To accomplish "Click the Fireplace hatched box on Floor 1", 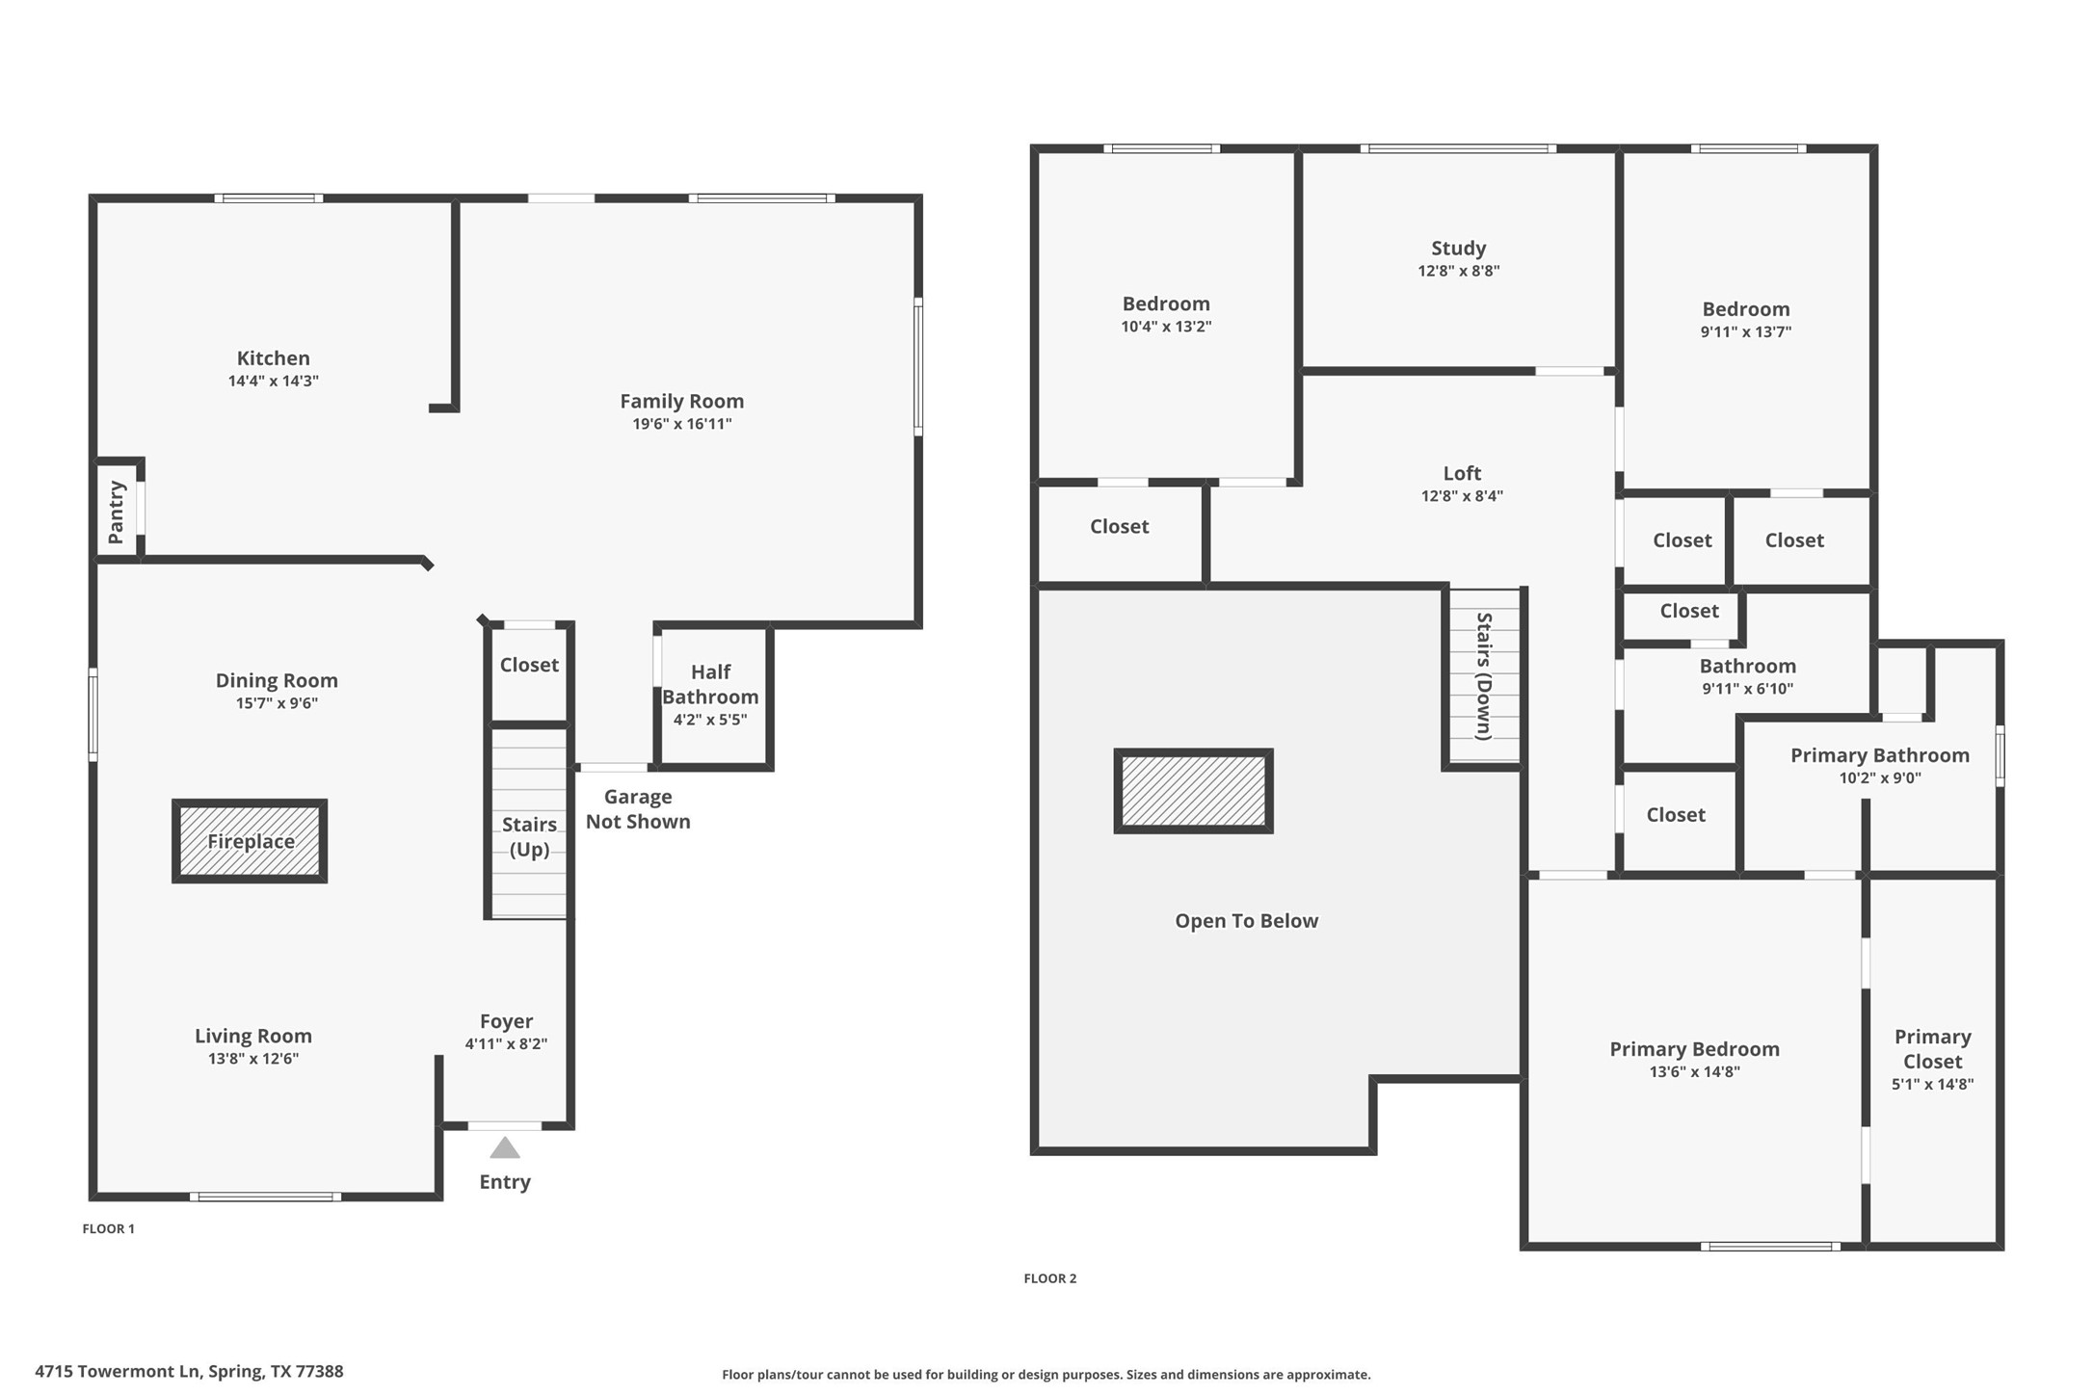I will click(x=250, y=841).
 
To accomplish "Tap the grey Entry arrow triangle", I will click(x=505, y=1148).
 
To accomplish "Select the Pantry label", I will click(x=117, y=513).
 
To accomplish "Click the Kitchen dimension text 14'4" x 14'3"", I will click(x=273, y=381).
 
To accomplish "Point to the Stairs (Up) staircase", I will click(x=529, y=824).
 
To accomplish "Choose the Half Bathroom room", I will click(x=711, y=696).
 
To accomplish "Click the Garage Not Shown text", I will click(x=638, y=809).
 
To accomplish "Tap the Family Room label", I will click(x=681, y=401).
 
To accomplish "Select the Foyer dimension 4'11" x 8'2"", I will click(x=506, y=1044).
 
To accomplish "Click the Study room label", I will click(x=1458, y=249).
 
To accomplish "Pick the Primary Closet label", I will click(x=1932, y=1049).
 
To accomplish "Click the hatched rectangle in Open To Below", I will click(x=1193, y=791).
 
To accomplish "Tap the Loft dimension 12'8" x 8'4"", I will click(x=1462, y=496).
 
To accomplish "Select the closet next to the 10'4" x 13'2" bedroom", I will click(x=1119, y=527).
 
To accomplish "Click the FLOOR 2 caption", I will click(x=1049, y=1278).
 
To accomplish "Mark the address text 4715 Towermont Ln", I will click(x=189, y=1371).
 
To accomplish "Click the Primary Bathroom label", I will click(x=1879, y=755).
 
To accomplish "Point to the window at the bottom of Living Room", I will click(x=265, y=1197).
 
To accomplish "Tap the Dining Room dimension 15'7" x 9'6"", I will click(x=277, y=703).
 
